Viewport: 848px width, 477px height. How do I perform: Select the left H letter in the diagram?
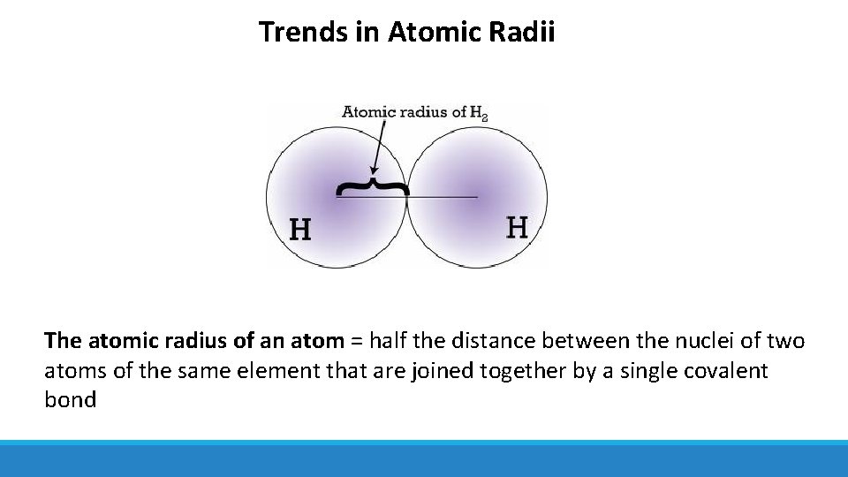point(300,230)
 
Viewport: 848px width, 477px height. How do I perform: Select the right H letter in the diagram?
point(517,228)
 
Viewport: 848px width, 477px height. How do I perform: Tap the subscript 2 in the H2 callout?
point(484,116)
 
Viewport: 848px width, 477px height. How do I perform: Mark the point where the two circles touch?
point(407,196)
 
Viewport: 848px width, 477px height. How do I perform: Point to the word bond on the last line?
point(70,399)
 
